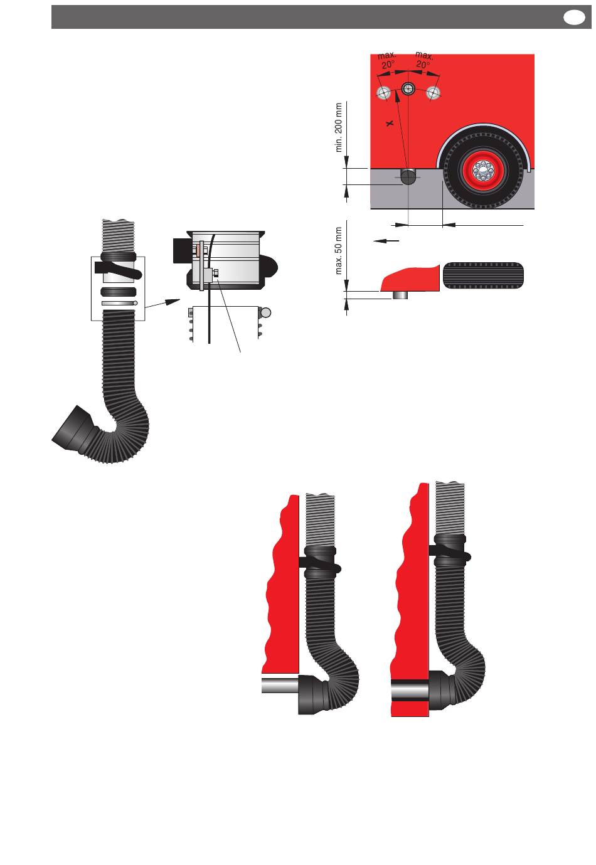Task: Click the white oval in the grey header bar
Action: click(x=574, y=18)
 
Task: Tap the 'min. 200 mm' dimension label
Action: click(x=339, y=127)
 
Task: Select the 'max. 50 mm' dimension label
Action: click(x=339, y=251)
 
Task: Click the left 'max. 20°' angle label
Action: click(x=387, y=61)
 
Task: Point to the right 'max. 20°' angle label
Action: click(x=424, y=60)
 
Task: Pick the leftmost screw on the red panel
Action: click(x=383, y=93)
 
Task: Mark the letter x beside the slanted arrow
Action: click(x=390, y=124)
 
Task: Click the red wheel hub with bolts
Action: click(x=482, y=170)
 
